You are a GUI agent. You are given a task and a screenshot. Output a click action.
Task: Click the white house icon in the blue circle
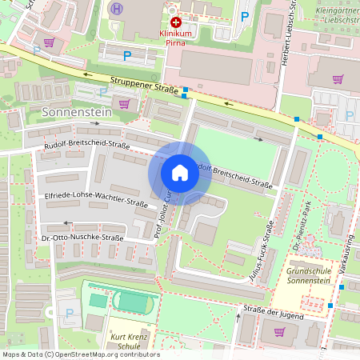point(180,172)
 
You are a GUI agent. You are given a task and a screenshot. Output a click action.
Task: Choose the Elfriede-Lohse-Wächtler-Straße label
point(87,195)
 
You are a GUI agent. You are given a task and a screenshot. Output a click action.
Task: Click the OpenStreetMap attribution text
point(80,354)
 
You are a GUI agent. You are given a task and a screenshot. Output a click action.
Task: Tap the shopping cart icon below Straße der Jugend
point(279,330)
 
